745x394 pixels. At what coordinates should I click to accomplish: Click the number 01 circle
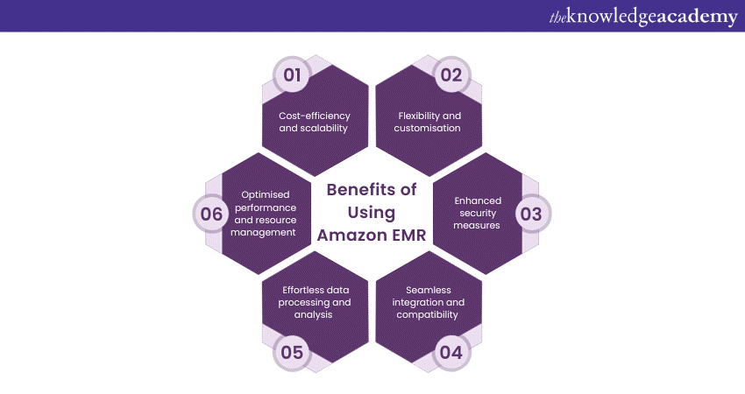[x=293, y=75]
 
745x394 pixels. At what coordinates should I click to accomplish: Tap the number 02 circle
[x=451, y=75]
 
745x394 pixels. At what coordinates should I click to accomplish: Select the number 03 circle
[x=531, y=213]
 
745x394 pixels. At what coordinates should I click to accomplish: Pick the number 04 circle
[x=451, y=353]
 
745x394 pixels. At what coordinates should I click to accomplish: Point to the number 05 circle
[x=293, y=353]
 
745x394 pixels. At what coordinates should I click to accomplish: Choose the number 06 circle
[x=213, y=213]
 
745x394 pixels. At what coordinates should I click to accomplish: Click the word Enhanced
[x=478, y=201]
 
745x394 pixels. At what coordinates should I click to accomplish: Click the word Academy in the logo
[x=693, y=17]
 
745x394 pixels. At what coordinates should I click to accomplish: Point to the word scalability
[x=314, y=128]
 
